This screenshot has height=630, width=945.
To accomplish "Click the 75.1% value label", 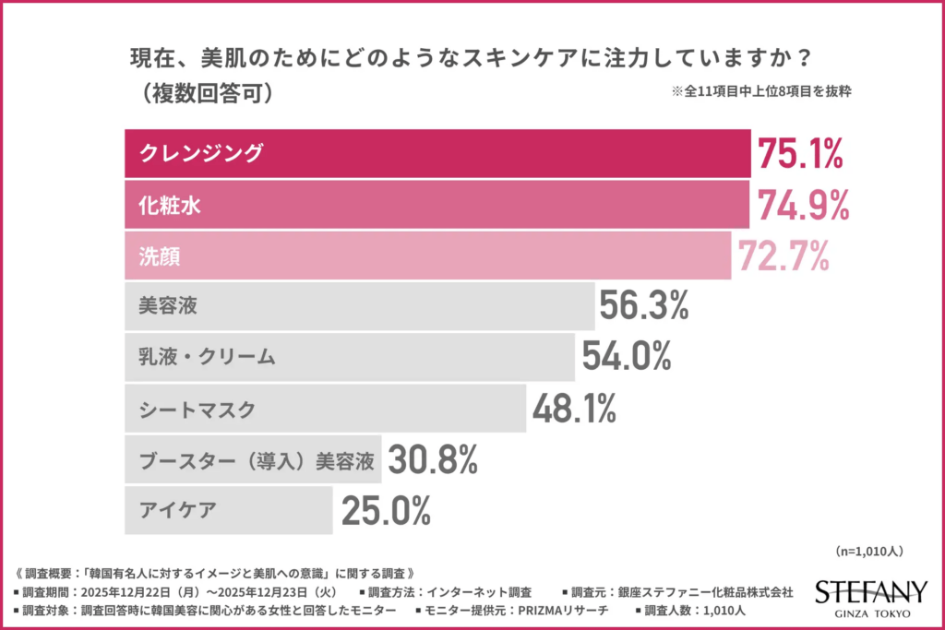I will (799, 153).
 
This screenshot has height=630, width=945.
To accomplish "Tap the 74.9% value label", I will (802, 205).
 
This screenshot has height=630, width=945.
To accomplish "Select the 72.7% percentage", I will (783, 256).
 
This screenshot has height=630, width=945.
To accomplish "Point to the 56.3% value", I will (643, 306).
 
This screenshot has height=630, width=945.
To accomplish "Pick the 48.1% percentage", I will (572, 408).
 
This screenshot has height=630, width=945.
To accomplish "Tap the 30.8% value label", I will (431, 458).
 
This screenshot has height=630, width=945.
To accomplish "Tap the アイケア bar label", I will (180, 509).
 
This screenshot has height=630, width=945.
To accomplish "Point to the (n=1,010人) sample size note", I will (867, 552).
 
